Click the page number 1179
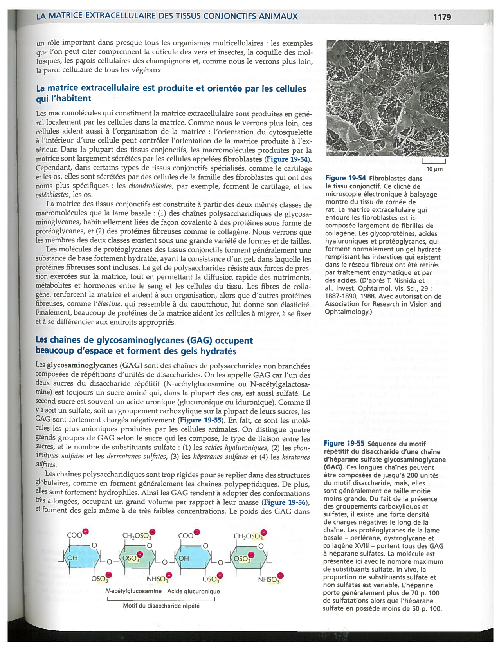[442, 17]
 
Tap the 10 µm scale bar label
[434, 169]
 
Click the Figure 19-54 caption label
[346, 178]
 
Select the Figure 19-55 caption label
[344, 443]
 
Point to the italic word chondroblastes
[150, 186]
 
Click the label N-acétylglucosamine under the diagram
[133, 591]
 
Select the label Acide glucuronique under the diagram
[193, 591]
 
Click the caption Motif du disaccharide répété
[161, 606]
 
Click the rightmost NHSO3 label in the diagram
[269, 579]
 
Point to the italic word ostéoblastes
[52, 195]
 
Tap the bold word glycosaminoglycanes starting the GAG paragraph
[82, 365]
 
